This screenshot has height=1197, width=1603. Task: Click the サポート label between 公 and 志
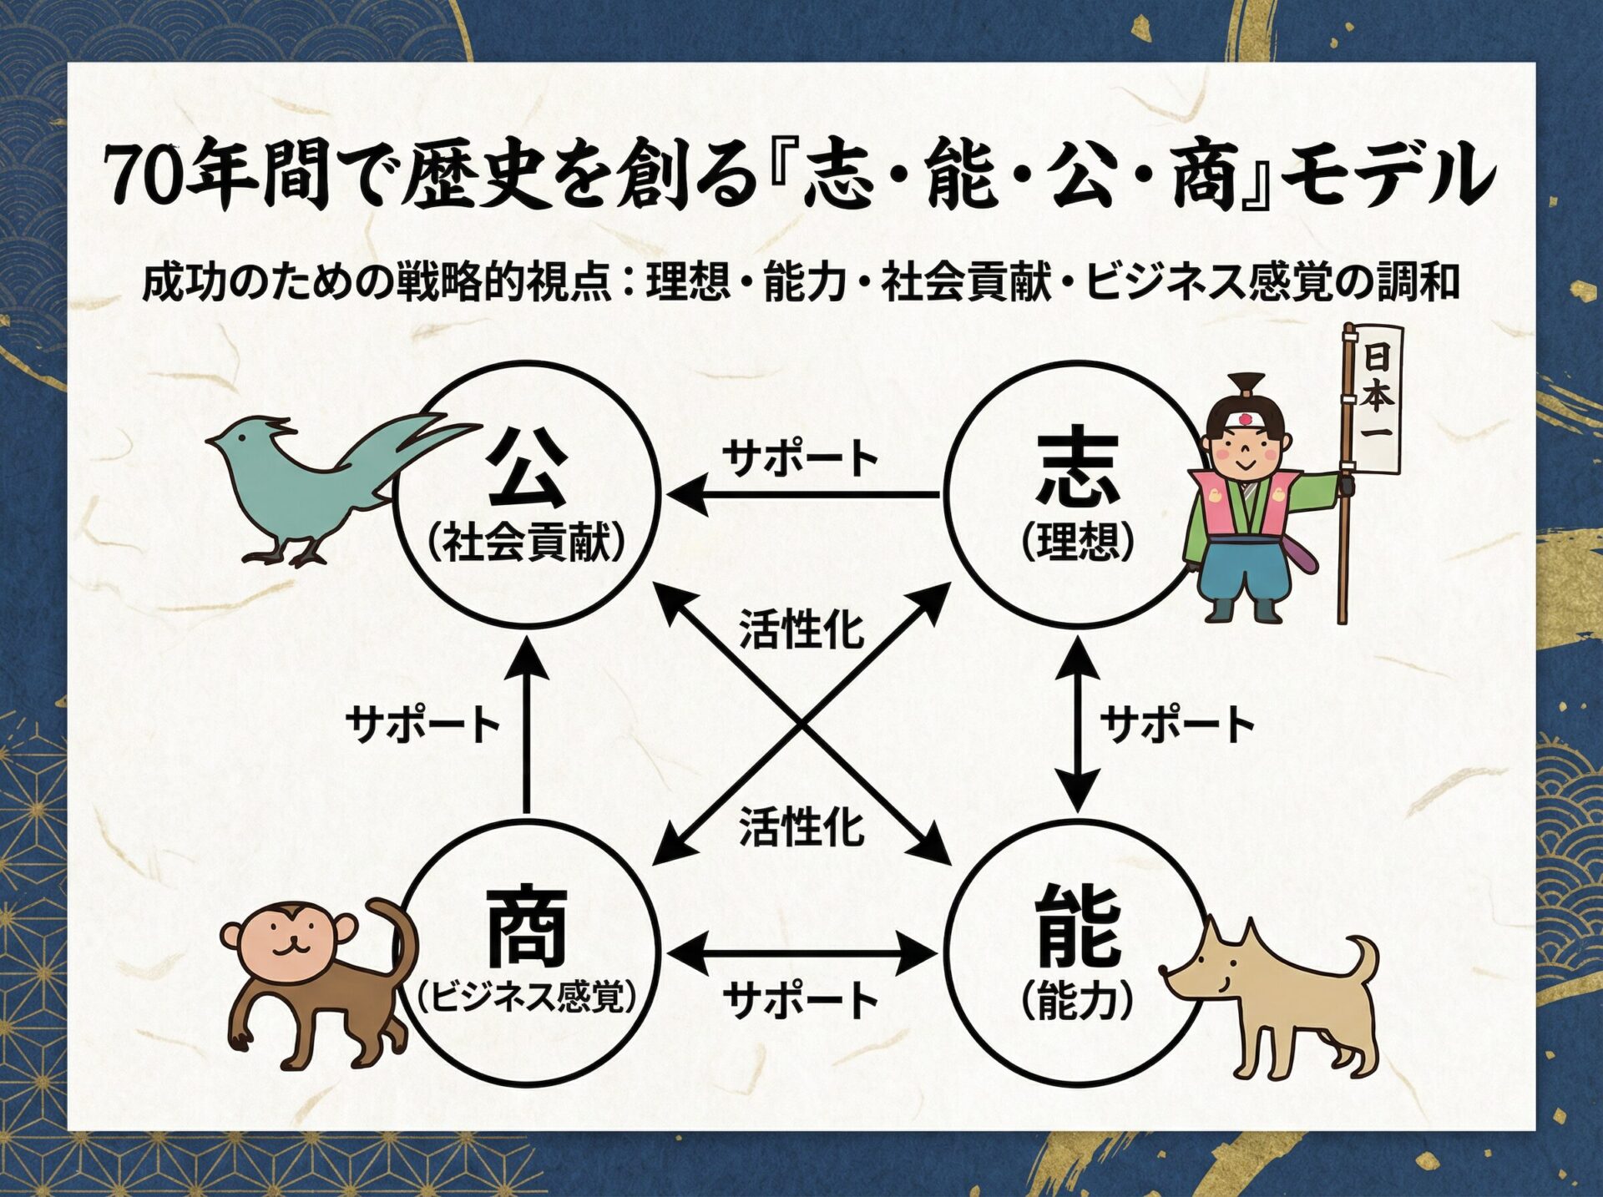coord(801,458)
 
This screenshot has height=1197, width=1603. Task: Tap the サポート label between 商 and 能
coord(801,999)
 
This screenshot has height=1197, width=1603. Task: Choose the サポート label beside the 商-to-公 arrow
coord(422,724)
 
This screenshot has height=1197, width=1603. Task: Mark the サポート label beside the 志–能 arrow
coord(1177,724)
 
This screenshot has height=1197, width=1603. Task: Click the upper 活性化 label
coord(801,629)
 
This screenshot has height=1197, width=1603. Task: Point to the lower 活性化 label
coord(801,828)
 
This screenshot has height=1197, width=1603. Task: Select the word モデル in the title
coord(1386,175)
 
